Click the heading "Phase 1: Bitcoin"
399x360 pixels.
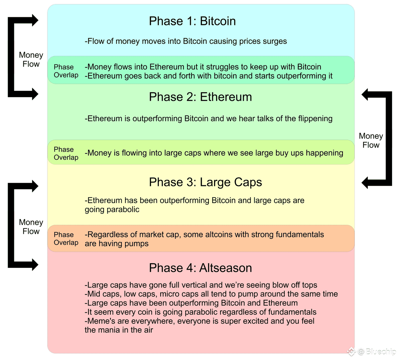pos(192,21)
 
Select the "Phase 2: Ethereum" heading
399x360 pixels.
pos(200,97)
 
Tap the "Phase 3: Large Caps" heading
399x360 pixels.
pos(205,182)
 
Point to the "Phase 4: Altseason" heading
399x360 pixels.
pos(200,268)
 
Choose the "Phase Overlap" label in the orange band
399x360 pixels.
pos(66,239)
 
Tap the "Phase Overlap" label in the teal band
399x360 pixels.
pos(66,71)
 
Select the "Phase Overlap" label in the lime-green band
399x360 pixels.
pos(66,153)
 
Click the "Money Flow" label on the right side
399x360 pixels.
pos(371,141)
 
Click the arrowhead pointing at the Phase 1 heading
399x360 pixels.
pos(35,21)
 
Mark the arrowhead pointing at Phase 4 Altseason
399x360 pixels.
pos(35,265)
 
